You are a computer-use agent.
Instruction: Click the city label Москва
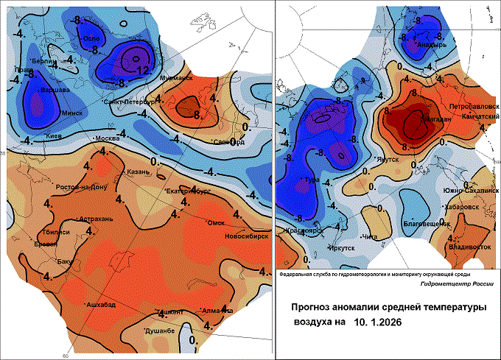click(108, 138)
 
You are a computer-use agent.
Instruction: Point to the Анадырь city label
click(432, 45)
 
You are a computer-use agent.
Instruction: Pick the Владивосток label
click(469, 247)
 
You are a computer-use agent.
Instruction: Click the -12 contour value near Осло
click(143, 70)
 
